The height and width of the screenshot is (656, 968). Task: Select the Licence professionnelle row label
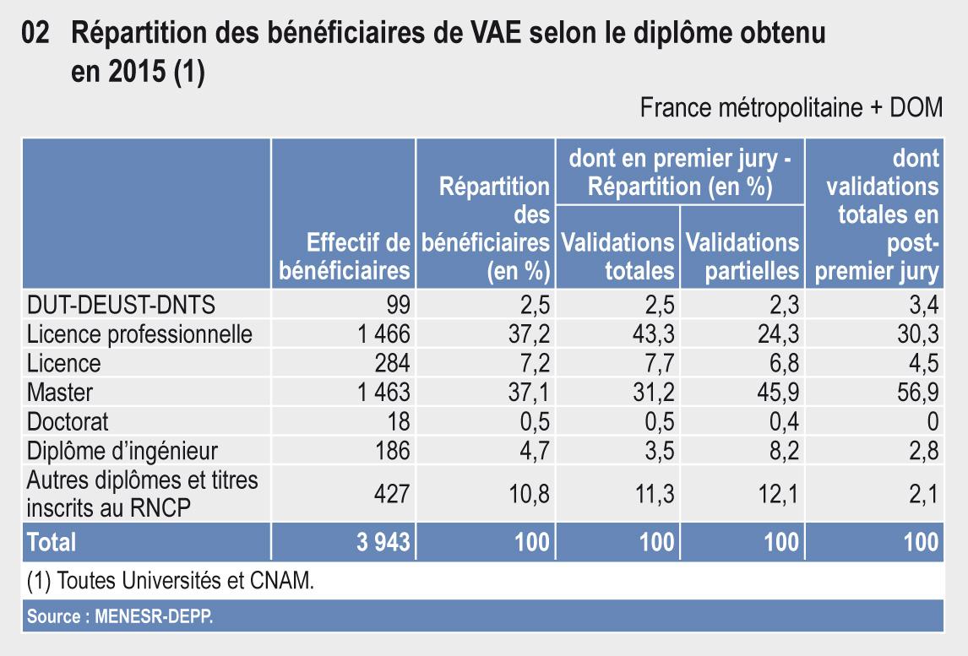click(x=139, y=333)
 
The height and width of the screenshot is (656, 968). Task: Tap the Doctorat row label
click(x=68, y=421)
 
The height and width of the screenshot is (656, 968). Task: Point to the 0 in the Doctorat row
click(x=933, y=421)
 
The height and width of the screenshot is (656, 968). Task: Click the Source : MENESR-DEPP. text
click(x=121, y=617)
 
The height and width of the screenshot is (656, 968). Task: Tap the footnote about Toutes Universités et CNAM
click(x=175, y=582)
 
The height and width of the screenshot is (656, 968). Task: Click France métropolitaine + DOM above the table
click(x=791, y=108)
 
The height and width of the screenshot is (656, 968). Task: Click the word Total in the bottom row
click(x=52, y=541)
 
